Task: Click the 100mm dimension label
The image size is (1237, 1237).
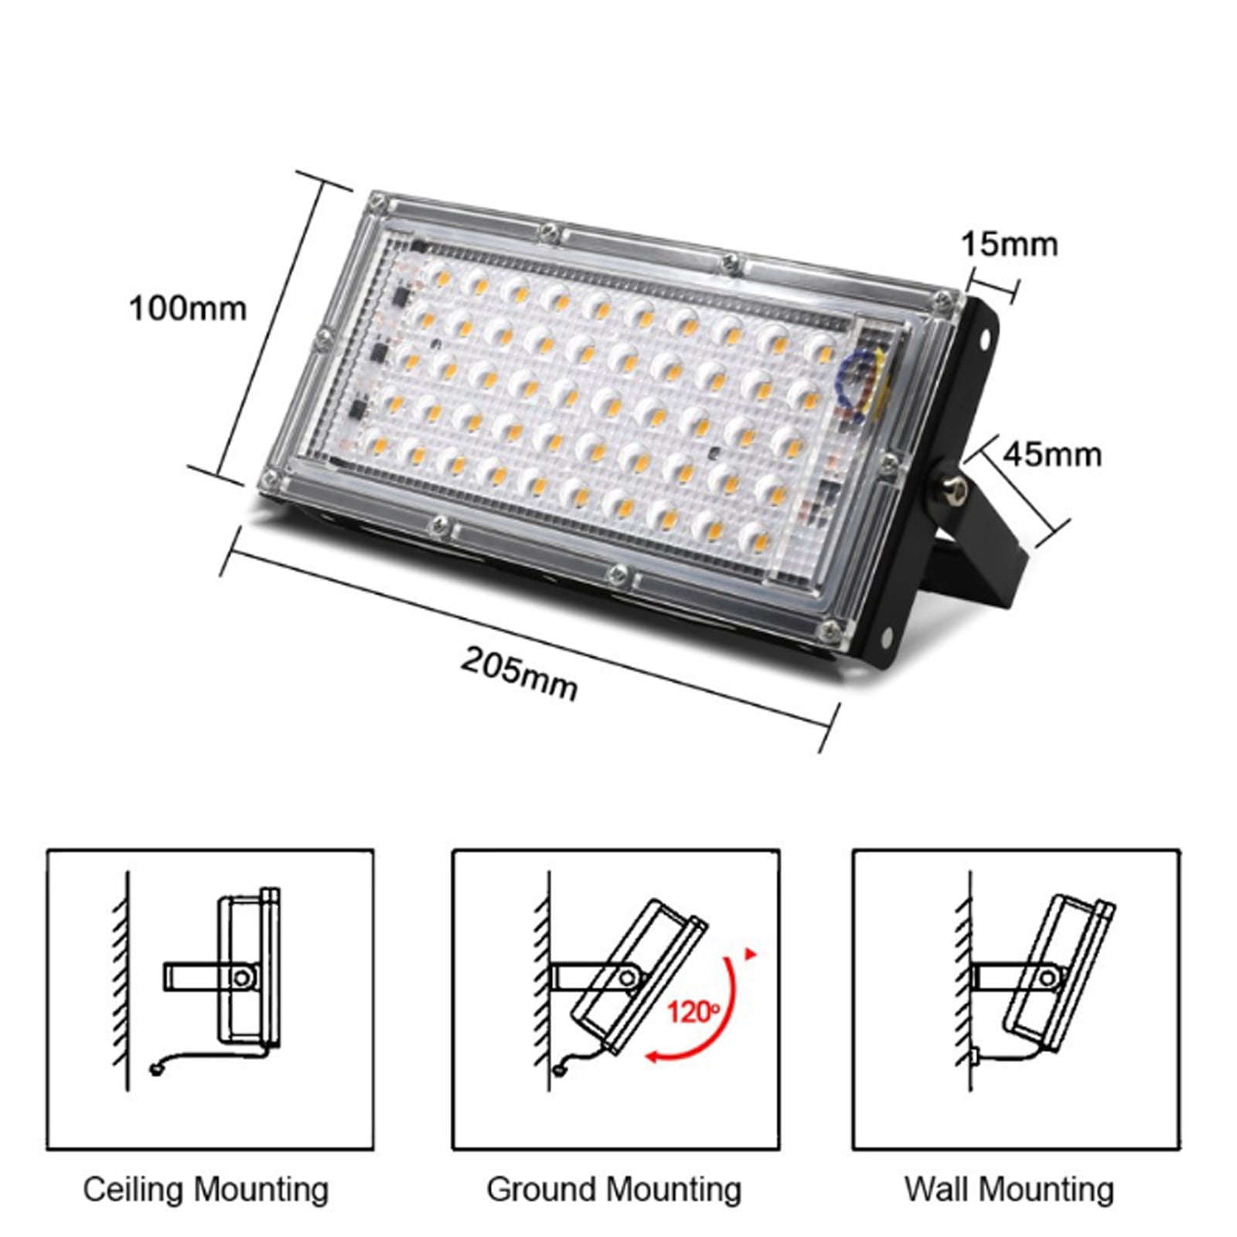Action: [x=187, y=309]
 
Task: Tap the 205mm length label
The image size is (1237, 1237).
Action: [x=519, y=673]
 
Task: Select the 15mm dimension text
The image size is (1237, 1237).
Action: [x=1008, y=244]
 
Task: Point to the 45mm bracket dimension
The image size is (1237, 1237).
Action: [x=1051, y=454]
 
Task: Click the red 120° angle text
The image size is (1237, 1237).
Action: [x=693, y=1011]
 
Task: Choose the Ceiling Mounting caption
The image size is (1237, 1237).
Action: [x=206, y=1189]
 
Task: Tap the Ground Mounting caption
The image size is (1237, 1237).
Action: [x=614, y=1189]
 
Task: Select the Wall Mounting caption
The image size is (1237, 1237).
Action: [x=1009, y=1189]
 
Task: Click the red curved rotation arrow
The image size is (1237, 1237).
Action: [x=715, y=1021]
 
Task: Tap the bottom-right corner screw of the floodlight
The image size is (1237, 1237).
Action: [x=830, y=629]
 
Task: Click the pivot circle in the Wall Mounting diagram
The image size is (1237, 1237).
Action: [x=1047, y=977]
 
